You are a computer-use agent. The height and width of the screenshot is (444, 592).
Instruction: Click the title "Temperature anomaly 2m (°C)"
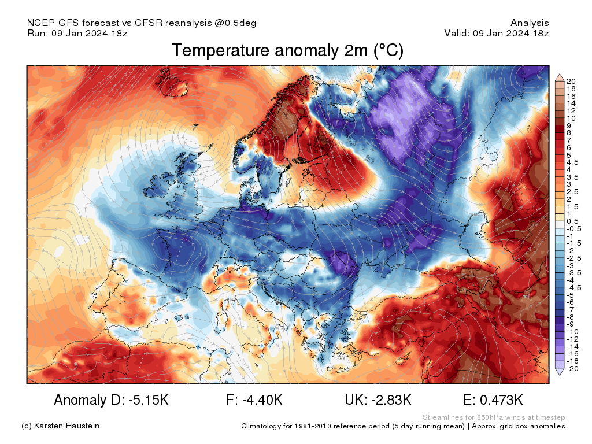pyautogui.click(x=287, y=51)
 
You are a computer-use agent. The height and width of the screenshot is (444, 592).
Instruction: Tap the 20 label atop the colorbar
pyautogui.click(x=571, y=81)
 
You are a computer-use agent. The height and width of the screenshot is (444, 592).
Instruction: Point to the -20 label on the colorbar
pyautogui.click(x=573, y=368)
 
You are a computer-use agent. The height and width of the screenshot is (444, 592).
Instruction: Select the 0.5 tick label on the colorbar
pyautogui.click(x=573, y=221)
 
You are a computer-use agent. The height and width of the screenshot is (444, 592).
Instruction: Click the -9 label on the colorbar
pyautogui.click(x=571, y=324)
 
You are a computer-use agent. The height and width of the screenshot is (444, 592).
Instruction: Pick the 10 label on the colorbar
pyautogui.click(x=571, y=118)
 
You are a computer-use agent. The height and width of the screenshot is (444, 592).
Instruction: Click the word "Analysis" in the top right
pyautogui.click(x=530, y=23)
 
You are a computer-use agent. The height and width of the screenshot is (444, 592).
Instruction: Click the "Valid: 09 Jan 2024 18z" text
pyautogui.click(x=496, y=33)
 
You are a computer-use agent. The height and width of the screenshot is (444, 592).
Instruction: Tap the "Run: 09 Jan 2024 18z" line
pyautogui.click(x=77, y=33)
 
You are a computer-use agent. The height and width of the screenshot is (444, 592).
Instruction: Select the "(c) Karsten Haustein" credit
pyautogui.click(x=60, y=426)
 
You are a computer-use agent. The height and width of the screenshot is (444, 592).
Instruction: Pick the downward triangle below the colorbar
pyautogui.click(x=560, y=372)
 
